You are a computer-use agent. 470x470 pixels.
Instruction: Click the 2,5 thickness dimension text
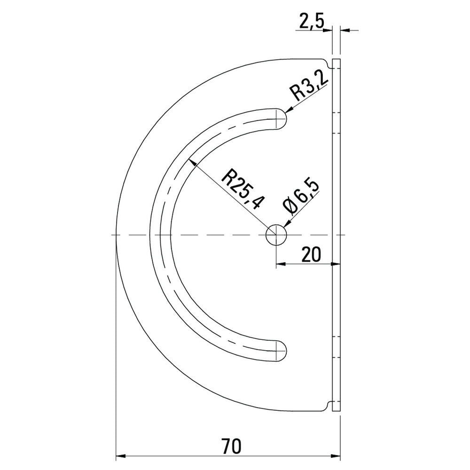point(311,22)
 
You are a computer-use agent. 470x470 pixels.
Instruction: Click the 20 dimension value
point(311,254)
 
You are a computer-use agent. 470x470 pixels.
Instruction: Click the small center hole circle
point(276,235)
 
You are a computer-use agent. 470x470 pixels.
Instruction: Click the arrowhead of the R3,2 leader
point(289,110)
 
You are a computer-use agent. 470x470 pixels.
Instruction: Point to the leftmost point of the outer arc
point(116,235)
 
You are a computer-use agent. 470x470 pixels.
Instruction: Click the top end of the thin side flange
point(336,60)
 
